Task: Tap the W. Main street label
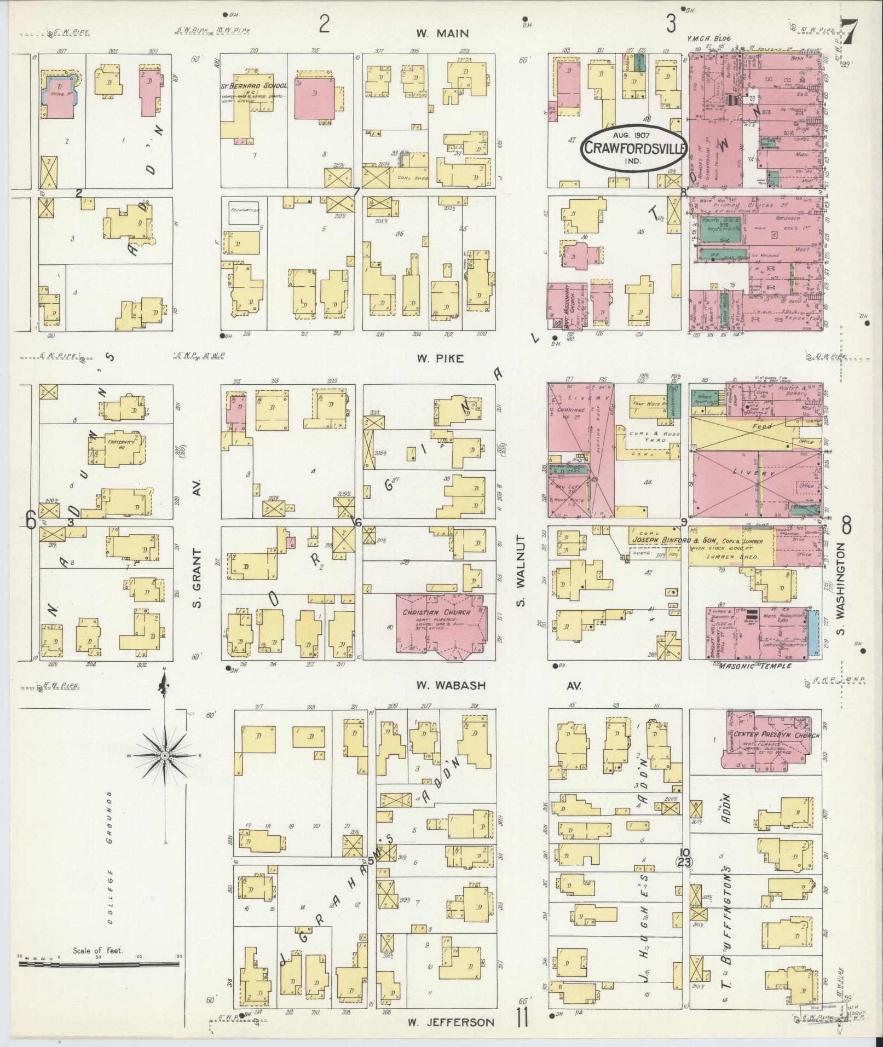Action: click(442, 33)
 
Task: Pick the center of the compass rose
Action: click(164, 755)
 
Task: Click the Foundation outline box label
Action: click(245, 210)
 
